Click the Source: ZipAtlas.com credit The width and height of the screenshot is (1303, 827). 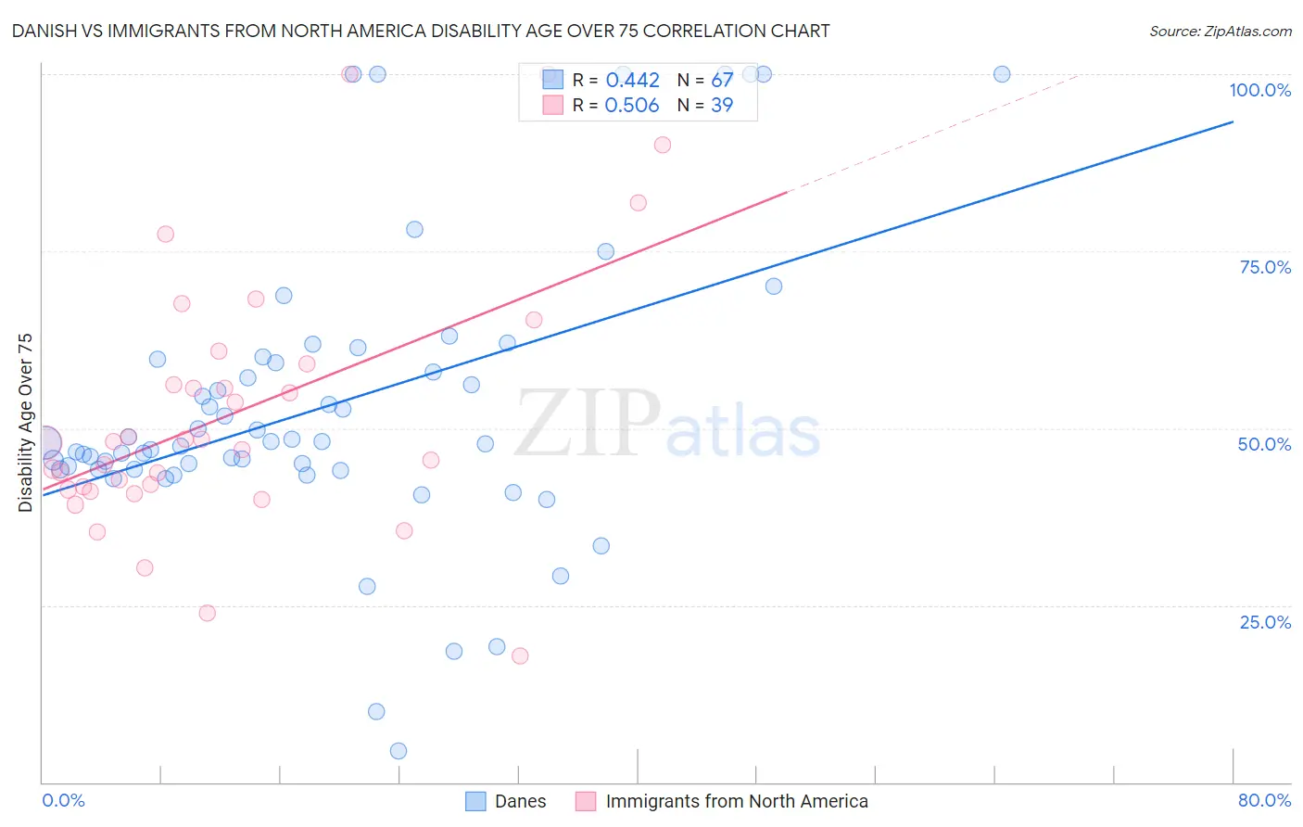click(x=1220, y=31)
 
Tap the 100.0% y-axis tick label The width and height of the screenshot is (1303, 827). click(x=1259, y=90)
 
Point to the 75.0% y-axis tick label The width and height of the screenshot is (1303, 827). click(x=1265, y=267)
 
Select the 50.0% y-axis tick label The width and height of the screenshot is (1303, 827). click(x=1264, y=444)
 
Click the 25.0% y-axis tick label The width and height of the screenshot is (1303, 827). click(x=1265, y=622)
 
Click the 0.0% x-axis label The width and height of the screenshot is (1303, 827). click(x=63, y=800)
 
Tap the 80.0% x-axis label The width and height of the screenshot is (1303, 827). click(x=1264, y=800)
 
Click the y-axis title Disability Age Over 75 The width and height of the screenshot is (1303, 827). click(x=26, y=423)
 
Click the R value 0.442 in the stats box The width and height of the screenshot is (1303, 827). click(x=632, y=81)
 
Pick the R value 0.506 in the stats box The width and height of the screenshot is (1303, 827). click(x=632, y=106)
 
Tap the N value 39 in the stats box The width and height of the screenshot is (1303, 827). click(x=722, y=106)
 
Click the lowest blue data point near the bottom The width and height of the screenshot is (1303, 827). click(x=398, y=751)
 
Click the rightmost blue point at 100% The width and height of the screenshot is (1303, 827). click(x=1002, y=74)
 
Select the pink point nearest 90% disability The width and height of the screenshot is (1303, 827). click(x=663, y=145)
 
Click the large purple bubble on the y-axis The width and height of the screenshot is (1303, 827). click(x=44, y=442)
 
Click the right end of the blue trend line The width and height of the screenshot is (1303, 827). click(x=1233, y=121)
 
